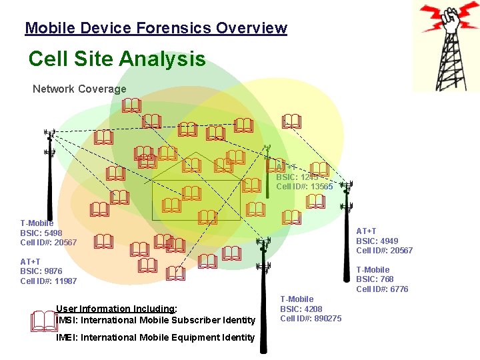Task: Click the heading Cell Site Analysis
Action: point(117,59)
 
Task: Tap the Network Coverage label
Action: point(79,89)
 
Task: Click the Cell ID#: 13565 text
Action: point(304,187)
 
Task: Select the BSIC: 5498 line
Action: point(41,233)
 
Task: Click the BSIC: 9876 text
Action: point(41,271)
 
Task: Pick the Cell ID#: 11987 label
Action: point(48,281)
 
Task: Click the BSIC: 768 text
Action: point(375,279)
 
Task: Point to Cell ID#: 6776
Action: point(382,289)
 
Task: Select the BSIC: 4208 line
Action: point(301,309)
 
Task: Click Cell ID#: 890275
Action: point(311,318)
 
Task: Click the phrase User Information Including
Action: point(116,309)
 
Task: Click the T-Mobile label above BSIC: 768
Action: point(373,270)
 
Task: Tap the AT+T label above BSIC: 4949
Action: point(367,231)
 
